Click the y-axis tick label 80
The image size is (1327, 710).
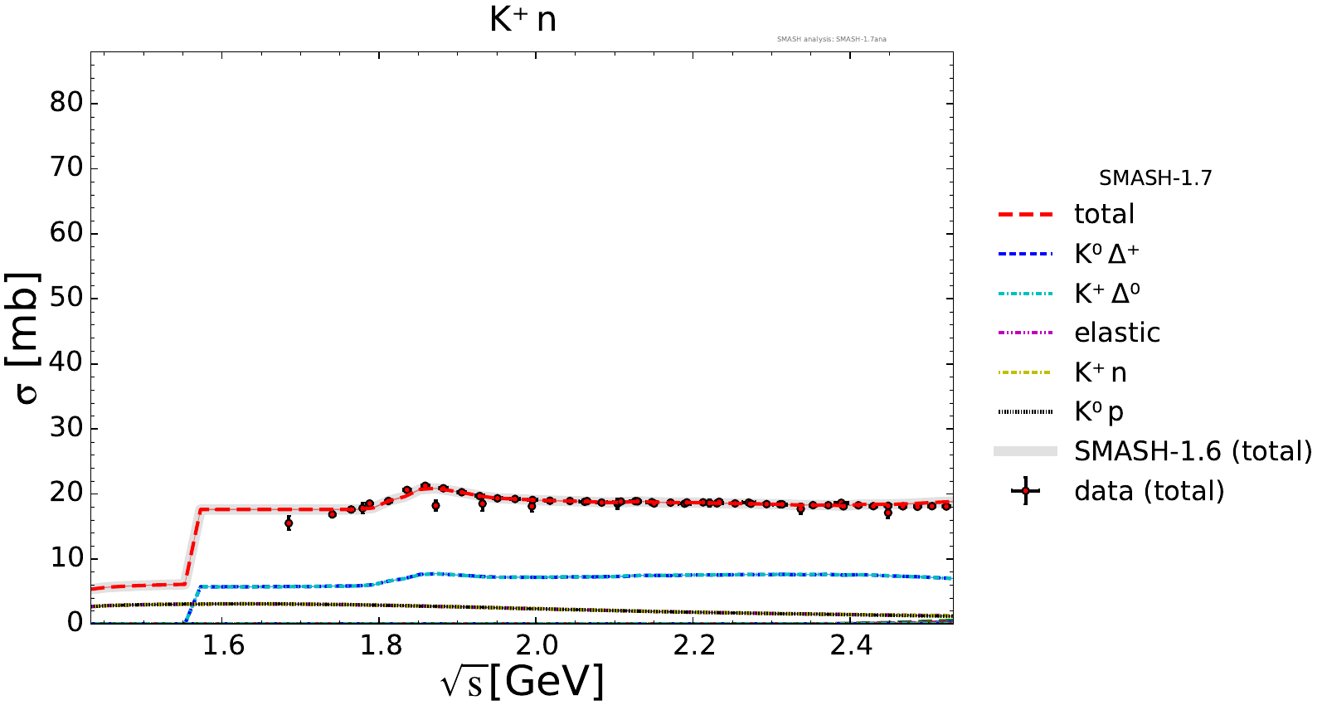66,103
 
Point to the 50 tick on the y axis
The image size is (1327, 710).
66,298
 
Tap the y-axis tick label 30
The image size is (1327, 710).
66,428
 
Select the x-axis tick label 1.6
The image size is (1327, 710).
223,644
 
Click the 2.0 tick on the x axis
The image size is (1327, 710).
537,644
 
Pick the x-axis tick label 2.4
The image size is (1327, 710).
851,644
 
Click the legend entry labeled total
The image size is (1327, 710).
1104,214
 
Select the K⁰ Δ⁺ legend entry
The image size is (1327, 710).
1106,254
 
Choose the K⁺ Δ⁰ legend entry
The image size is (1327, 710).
1106,294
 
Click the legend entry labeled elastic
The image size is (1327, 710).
1116,333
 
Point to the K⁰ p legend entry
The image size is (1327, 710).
1099,412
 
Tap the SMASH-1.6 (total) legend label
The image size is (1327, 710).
1193,451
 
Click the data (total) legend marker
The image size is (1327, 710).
1026,491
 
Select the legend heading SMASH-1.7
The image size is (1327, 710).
1155,178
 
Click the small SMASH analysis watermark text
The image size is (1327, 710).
831,39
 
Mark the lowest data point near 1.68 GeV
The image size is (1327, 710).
289,523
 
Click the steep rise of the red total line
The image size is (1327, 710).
192,547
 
